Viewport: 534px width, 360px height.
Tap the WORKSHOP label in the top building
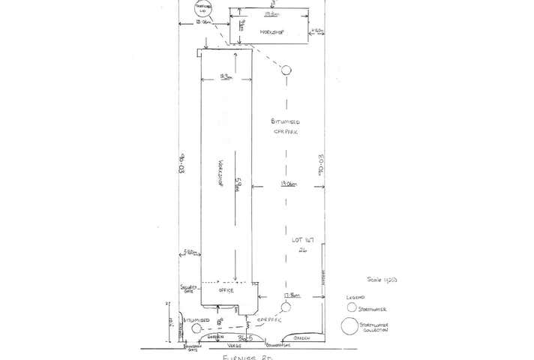point(269,34)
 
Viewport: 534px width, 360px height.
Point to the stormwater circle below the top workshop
point(286,70)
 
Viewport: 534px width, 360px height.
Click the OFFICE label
point(226,290)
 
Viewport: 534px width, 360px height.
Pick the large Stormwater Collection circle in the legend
point(349,326)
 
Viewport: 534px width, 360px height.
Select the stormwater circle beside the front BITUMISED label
point(196,328)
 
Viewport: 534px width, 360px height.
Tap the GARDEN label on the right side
point(303,338)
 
